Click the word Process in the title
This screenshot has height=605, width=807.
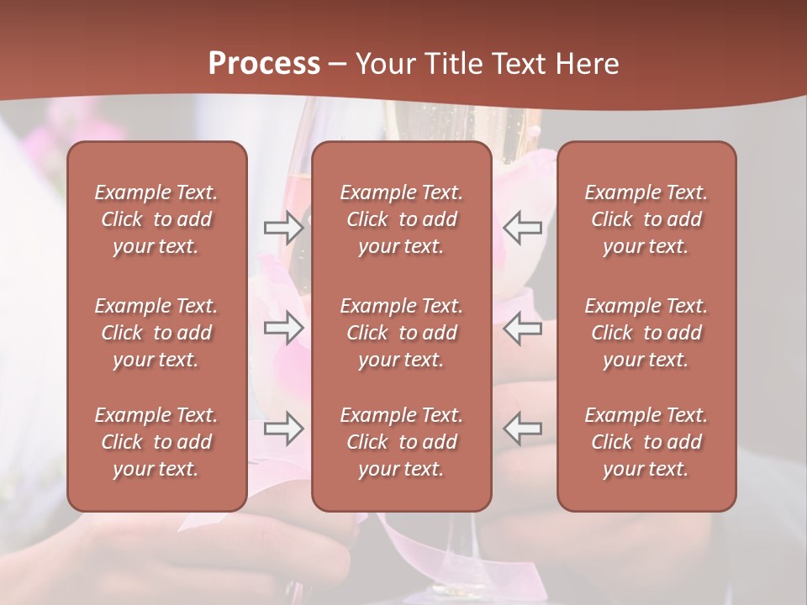[264, 64]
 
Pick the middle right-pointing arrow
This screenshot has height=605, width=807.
[283, 328]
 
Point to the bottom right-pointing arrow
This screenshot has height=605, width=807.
[283, 428]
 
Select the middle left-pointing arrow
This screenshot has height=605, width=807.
[522, 328]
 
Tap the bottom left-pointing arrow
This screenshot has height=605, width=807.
[522, 428]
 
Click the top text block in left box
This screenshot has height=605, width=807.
[156, 219]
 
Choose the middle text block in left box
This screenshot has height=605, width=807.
[156, 333]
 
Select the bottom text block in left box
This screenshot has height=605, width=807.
[156, 442]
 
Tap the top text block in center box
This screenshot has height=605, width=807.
[402, 219]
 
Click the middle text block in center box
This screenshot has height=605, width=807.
[402, 333]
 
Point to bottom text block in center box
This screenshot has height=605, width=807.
[402, 442]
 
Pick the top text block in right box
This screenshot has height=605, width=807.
[646, 219]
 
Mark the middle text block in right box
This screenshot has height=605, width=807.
[646, 333]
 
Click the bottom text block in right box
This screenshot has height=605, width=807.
[646, 442]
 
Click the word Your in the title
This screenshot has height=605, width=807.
[387, 64]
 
